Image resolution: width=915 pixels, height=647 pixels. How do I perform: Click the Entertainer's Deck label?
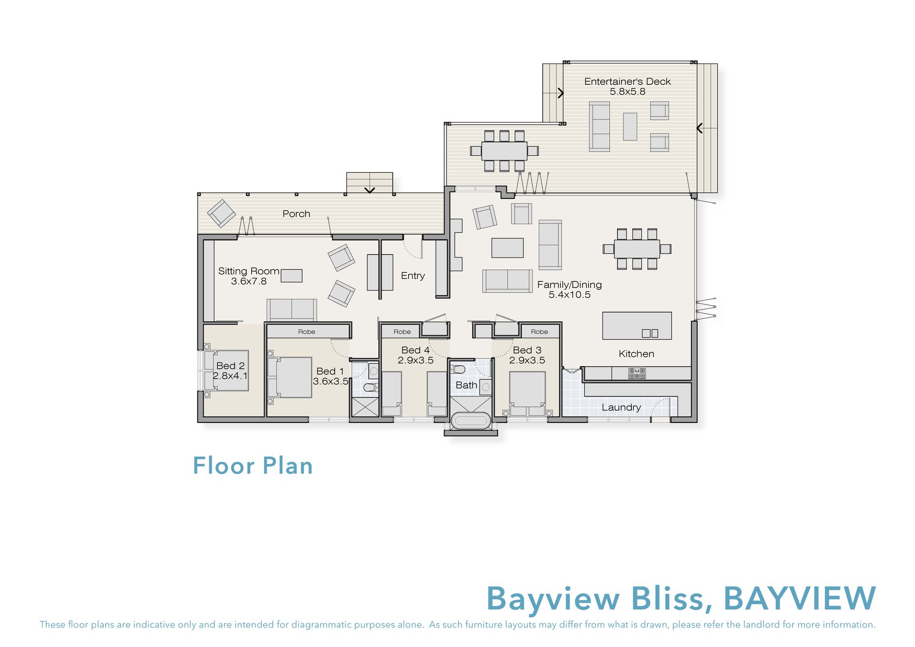point(627,82)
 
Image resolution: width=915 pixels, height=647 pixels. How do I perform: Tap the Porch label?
point(296,214)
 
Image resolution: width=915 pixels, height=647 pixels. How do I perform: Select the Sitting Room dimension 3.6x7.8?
point(249,281)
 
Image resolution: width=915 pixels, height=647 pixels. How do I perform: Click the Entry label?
point(413,276)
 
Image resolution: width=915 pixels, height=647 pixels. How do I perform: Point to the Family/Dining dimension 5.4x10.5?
point(569,295)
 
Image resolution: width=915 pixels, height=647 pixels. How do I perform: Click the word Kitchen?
point(636,354)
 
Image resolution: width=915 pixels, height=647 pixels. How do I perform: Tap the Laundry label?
point(621,407)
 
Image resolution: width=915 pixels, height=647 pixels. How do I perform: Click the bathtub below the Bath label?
point(471,421)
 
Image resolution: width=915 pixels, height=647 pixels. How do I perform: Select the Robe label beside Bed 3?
point(539,332)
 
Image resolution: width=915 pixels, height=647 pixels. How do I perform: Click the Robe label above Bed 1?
point(307,332)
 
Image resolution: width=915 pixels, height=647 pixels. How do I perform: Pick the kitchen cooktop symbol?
point(637,373)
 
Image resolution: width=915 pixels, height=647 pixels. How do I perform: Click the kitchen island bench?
point(637,326)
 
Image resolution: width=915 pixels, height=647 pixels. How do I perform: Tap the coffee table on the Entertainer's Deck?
point(630,126)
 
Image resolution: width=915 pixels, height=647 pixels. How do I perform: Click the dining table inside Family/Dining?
point(637,249)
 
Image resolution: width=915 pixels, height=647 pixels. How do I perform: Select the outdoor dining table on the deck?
point(504,151)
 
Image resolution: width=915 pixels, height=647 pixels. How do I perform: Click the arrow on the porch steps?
point(370,190)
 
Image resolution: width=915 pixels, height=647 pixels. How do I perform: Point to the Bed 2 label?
point(231,366)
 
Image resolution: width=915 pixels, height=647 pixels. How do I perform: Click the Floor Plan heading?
point(253,466)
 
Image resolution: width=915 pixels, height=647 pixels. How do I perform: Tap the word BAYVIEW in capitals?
point(800,598)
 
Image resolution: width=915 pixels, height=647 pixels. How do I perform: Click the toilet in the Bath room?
point(458,369)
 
